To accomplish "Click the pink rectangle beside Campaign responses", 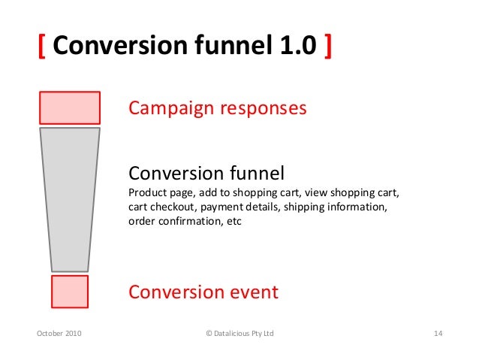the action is point(70,107).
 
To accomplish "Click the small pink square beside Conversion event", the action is point(70,291).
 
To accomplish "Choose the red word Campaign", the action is point(170,108).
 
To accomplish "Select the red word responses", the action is point(262,109).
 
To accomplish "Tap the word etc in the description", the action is point(234,222).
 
